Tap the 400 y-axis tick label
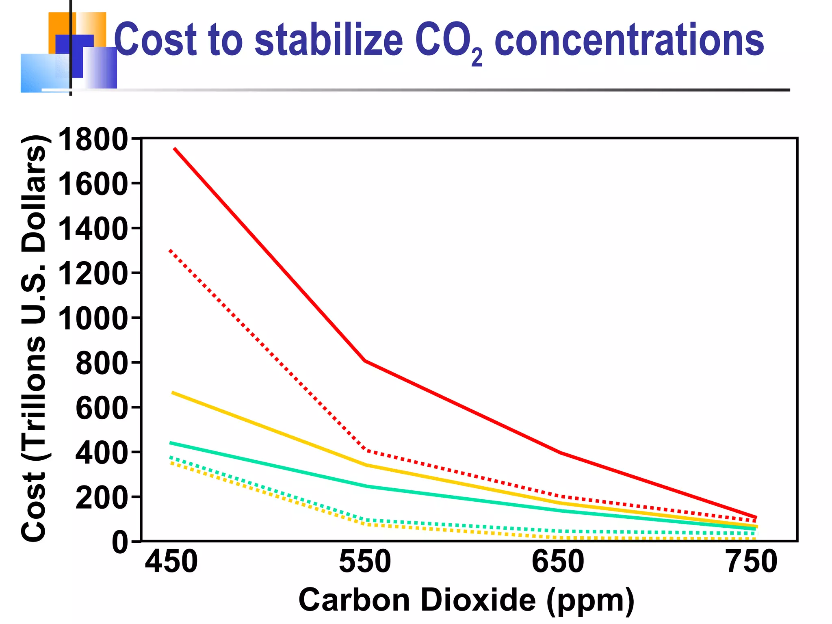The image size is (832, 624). (x=102, y=453)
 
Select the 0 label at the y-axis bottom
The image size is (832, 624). (x=120, y=543)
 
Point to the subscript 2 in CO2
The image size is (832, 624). (x=477, y=58)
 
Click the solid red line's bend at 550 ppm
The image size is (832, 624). (x=365, y=360)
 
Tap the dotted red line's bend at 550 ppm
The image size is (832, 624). (x=367, y=450)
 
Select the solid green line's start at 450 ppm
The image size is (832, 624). (x=171, y=443)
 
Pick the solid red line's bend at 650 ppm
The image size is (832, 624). (x=560, y=453)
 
